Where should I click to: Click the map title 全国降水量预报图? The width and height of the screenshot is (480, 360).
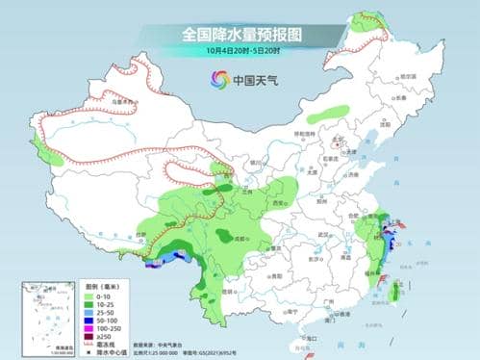[240, 34]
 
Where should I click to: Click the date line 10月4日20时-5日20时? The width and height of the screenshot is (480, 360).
[240, 51]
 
